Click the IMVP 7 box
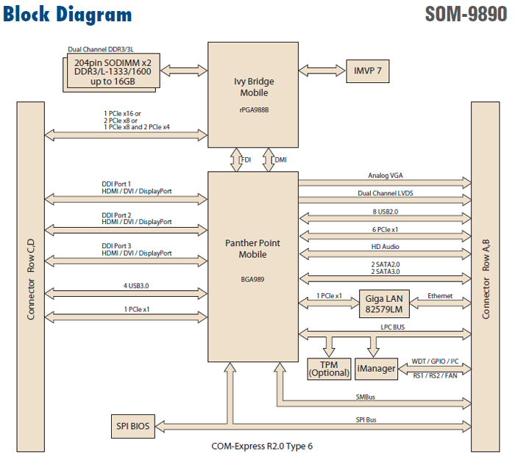pos(368,72)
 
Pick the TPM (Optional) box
pos(329,369)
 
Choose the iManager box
pos(375,368)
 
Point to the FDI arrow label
pos(246,159)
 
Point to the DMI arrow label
pos(280,159)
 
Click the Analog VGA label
pos(386,176)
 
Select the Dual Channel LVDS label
pos(386,194)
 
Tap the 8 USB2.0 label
pos(386,212)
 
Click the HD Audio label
pos(386,247)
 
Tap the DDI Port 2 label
pos(116,215)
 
